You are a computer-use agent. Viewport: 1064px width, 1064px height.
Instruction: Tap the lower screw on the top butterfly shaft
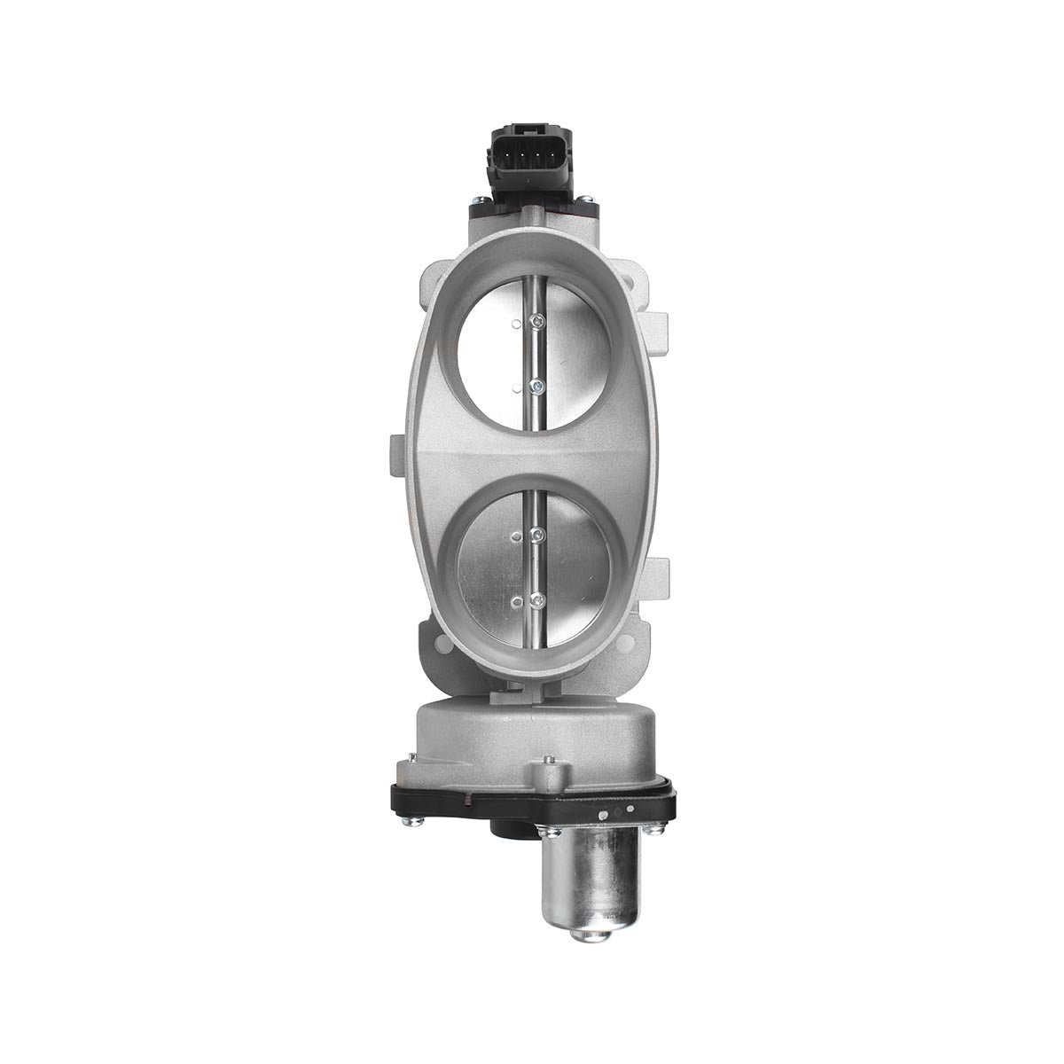[x=536, y=384]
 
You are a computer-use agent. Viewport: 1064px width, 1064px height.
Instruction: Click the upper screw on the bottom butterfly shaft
[x=536, y=534]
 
